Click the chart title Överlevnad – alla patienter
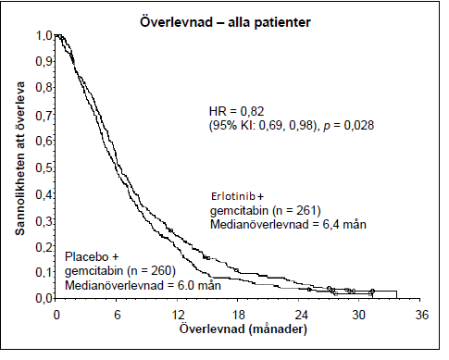[225, 22]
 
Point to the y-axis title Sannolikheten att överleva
[20, 158]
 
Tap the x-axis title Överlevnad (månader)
[243, 329]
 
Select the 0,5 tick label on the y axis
[44, 168]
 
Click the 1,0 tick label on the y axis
[44, 36]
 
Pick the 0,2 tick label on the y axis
[44, 247]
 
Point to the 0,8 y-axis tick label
[44, 88]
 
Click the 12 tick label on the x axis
[178, 315]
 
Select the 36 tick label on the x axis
[421, 315]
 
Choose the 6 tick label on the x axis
[118, 315]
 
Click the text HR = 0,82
[236, 111]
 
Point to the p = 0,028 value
[348, 126]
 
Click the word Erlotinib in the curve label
[233, 196]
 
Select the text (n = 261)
[297, 211]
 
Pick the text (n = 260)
[151, 270]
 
